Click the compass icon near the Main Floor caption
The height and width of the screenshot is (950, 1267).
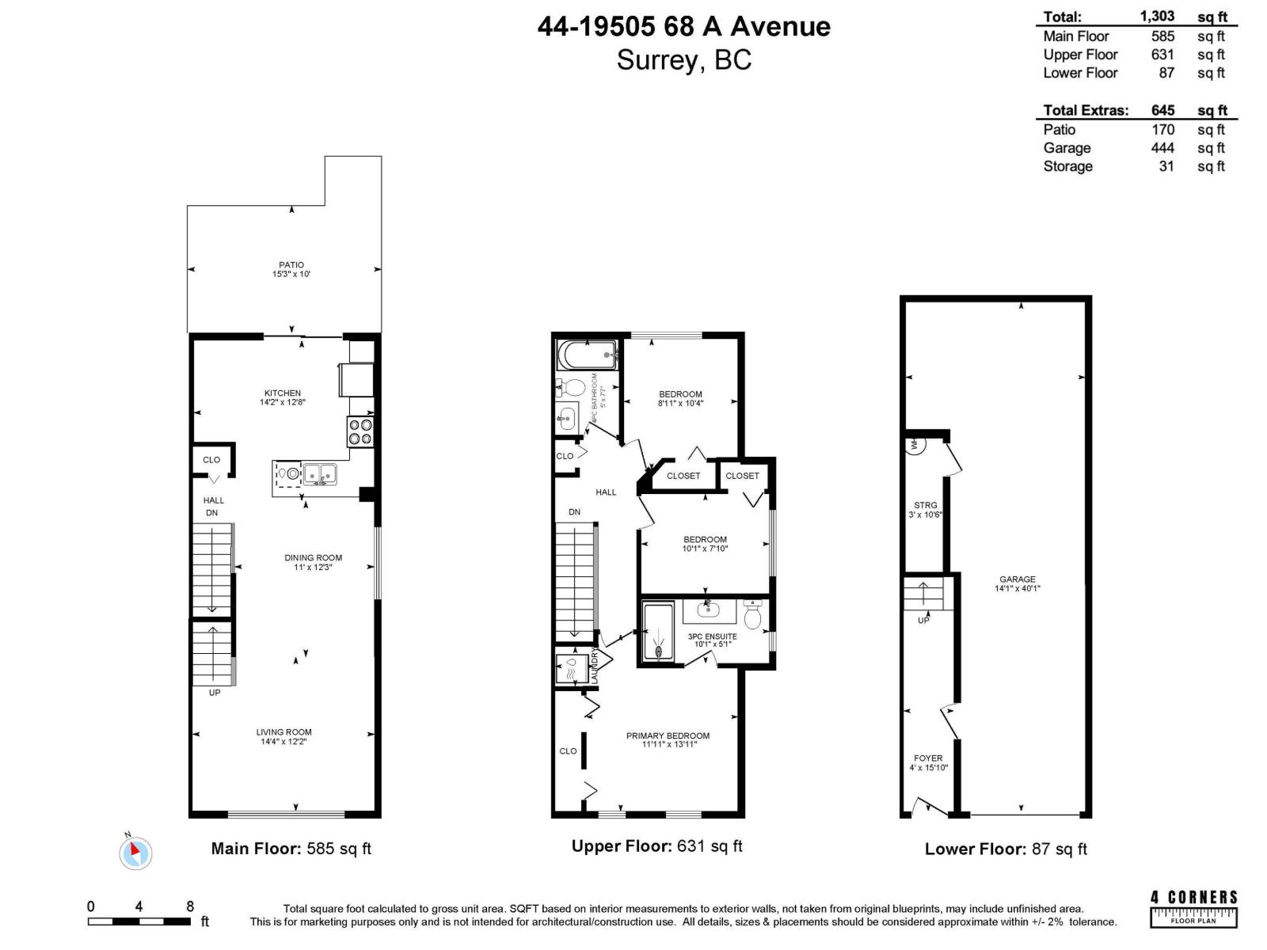tap(135, 853)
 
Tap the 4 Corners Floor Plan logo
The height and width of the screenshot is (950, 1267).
tap(1193, 907)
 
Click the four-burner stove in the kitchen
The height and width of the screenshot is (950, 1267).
tap(360, 431)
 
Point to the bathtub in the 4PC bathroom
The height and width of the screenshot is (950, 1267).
tap(587, 355)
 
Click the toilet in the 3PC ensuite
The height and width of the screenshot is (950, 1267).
tap(753, 615)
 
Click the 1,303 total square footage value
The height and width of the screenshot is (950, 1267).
tap(1157, 17)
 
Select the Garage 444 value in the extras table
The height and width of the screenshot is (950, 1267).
tap(1162, 148)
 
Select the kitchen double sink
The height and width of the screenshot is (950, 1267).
tap(321, 474)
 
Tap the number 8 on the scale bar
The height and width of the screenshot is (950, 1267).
tap(190, 906)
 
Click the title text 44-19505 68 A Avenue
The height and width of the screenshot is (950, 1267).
tap(683, 27)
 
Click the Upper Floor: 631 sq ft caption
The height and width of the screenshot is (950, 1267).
tap(656, 846)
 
